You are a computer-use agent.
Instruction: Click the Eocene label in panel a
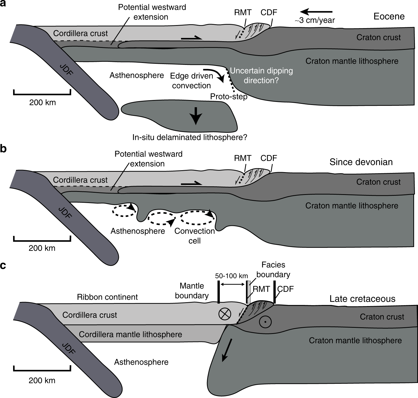[389, 16]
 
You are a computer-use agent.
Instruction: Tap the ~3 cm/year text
[315, 20]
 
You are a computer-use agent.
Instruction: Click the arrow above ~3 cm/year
[316, 12]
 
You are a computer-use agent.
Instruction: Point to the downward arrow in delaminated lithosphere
[196, 116]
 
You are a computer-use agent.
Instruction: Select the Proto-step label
[229, 97]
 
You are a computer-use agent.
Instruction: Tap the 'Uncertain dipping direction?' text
[261, 75]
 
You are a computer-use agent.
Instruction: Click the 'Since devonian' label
[361, 162]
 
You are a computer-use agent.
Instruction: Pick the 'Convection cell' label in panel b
[194, 236]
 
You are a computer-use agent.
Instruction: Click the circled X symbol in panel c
[225, 314]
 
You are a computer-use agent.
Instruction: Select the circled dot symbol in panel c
[265, 322]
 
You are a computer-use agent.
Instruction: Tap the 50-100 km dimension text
[231, 276]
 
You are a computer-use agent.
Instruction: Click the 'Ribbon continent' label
[107, 297]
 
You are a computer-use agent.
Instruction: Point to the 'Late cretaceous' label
[362, 299]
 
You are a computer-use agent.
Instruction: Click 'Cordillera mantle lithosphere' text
[130, 334]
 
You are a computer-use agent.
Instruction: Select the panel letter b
[3, 149]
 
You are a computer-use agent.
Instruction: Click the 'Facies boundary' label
[273, 269]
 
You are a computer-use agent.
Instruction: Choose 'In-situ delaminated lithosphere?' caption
[190, 137]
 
